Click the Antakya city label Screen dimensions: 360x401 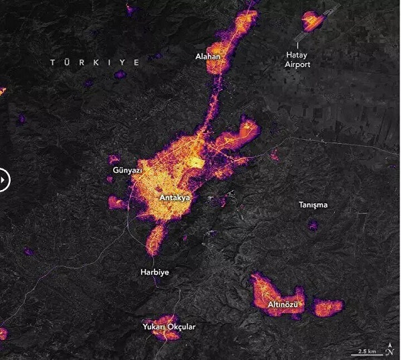(x=176, y=198)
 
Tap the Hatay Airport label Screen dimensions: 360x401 (x=298, y=60)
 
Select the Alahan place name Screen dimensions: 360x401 (x=208, y=57)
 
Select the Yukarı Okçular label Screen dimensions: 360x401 (x=169, y=327)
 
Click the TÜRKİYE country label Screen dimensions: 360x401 (x=95, y=62)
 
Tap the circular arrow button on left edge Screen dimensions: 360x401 (x=3, y=180)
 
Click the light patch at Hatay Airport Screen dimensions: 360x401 (x=311, y=22)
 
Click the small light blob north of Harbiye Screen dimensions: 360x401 (x=156, y=238)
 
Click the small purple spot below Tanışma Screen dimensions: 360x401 (x=313, y=226)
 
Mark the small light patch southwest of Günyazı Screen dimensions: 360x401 (x=116, y=201)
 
